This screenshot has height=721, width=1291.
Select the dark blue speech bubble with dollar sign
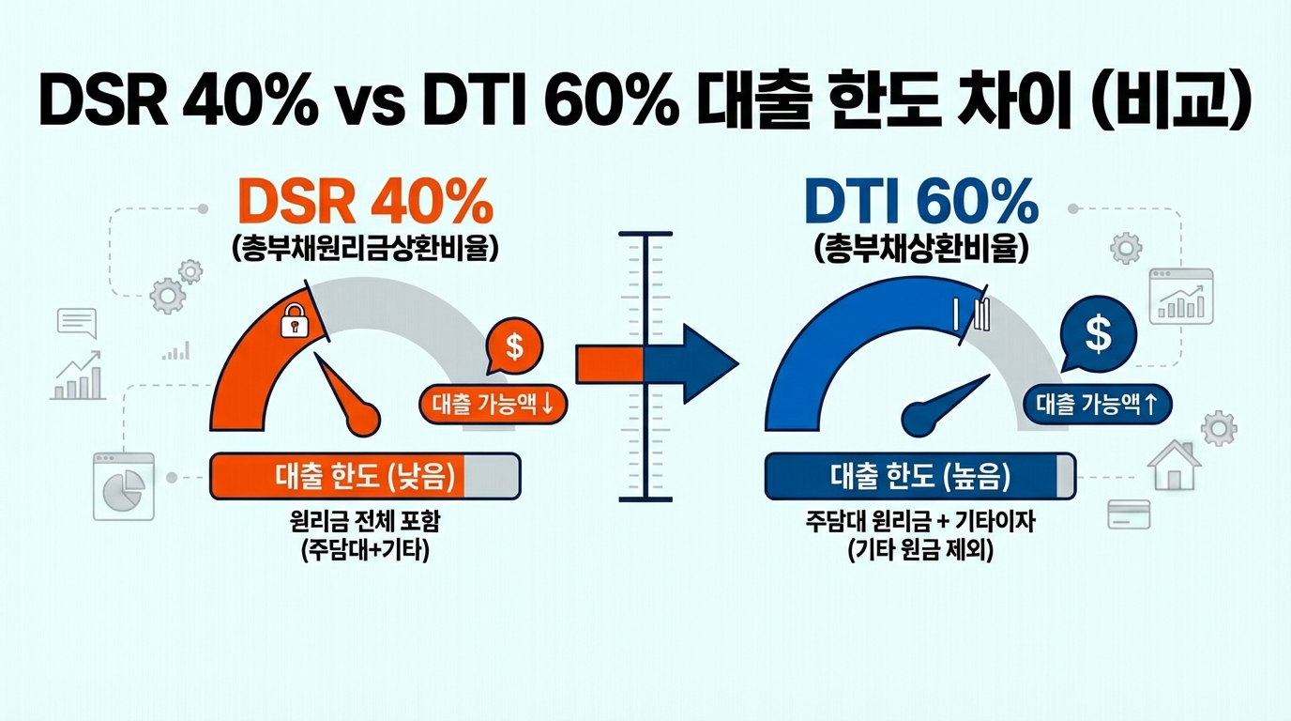pyautogui.click(x=1097, y=331)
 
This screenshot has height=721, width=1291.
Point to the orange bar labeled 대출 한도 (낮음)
pyautogui.click(x=365, y=476)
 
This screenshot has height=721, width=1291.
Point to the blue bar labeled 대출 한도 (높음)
pyautogui.click(x=920, y=476)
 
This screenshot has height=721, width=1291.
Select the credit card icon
pyautogui.click(x=1129, y=514)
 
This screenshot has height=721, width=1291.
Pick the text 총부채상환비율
pyautogui.click(x=921, y=249)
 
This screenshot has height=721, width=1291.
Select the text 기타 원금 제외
pyautogui.click(x=919, y=552)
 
